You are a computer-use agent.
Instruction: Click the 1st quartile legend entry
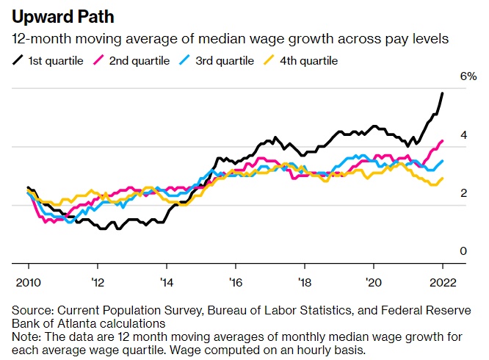(48, 60)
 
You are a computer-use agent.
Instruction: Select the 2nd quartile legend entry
(139, 60)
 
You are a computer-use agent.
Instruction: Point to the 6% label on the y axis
(468, 76)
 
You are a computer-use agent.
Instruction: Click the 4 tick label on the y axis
(463, 135)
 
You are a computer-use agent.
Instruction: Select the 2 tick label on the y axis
(463, 193)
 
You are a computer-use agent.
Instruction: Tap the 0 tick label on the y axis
(463, 251)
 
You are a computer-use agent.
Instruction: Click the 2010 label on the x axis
(28, 281)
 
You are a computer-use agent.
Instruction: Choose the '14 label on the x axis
(166, 281)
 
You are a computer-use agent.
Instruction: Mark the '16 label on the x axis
(235, 281)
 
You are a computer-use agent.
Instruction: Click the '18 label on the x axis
(304, 281)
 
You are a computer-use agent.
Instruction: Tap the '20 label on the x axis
(373, 281)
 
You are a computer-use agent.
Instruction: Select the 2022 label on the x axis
(442, 281)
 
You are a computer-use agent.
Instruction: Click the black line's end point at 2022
(442, 93)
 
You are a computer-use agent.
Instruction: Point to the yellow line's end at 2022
(442, 179)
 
